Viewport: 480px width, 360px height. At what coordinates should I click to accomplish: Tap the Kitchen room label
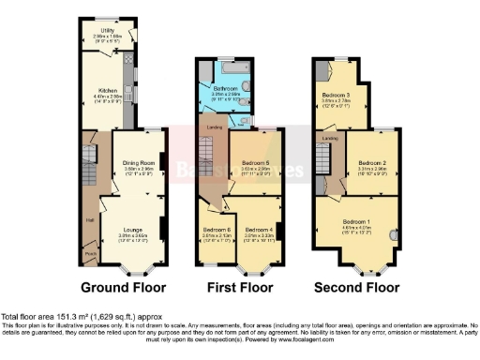point(106,90)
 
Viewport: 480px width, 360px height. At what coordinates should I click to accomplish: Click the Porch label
point(91,251)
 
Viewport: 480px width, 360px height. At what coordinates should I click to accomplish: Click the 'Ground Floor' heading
point(123,287)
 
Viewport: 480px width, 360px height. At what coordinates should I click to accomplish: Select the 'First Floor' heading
point(238,287)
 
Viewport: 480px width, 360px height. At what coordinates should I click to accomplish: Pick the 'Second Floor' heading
point(356,287)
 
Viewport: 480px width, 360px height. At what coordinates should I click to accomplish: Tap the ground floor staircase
point(91,155)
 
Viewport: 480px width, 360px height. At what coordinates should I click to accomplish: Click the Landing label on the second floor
point(329,138)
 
